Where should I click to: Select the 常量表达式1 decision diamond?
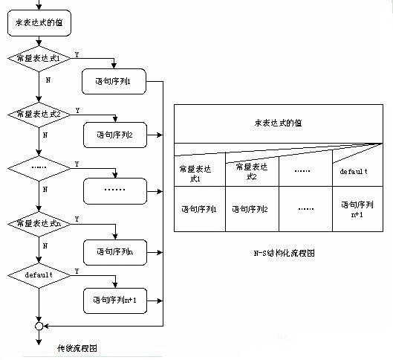tap(38, 58)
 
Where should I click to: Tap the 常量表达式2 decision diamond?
tap(38, 115)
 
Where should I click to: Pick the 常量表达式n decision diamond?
tap(38, 223)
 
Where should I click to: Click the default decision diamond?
tap(38, 275)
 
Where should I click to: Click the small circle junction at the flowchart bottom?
tap(38, 326)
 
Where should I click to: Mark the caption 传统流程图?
tap(77, 348)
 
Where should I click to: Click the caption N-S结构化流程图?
tap(284, 254)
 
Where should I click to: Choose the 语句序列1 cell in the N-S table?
tap(198, 209)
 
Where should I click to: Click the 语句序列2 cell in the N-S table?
tap(252, 209)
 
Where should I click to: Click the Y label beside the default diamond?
tap(77, 271)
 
